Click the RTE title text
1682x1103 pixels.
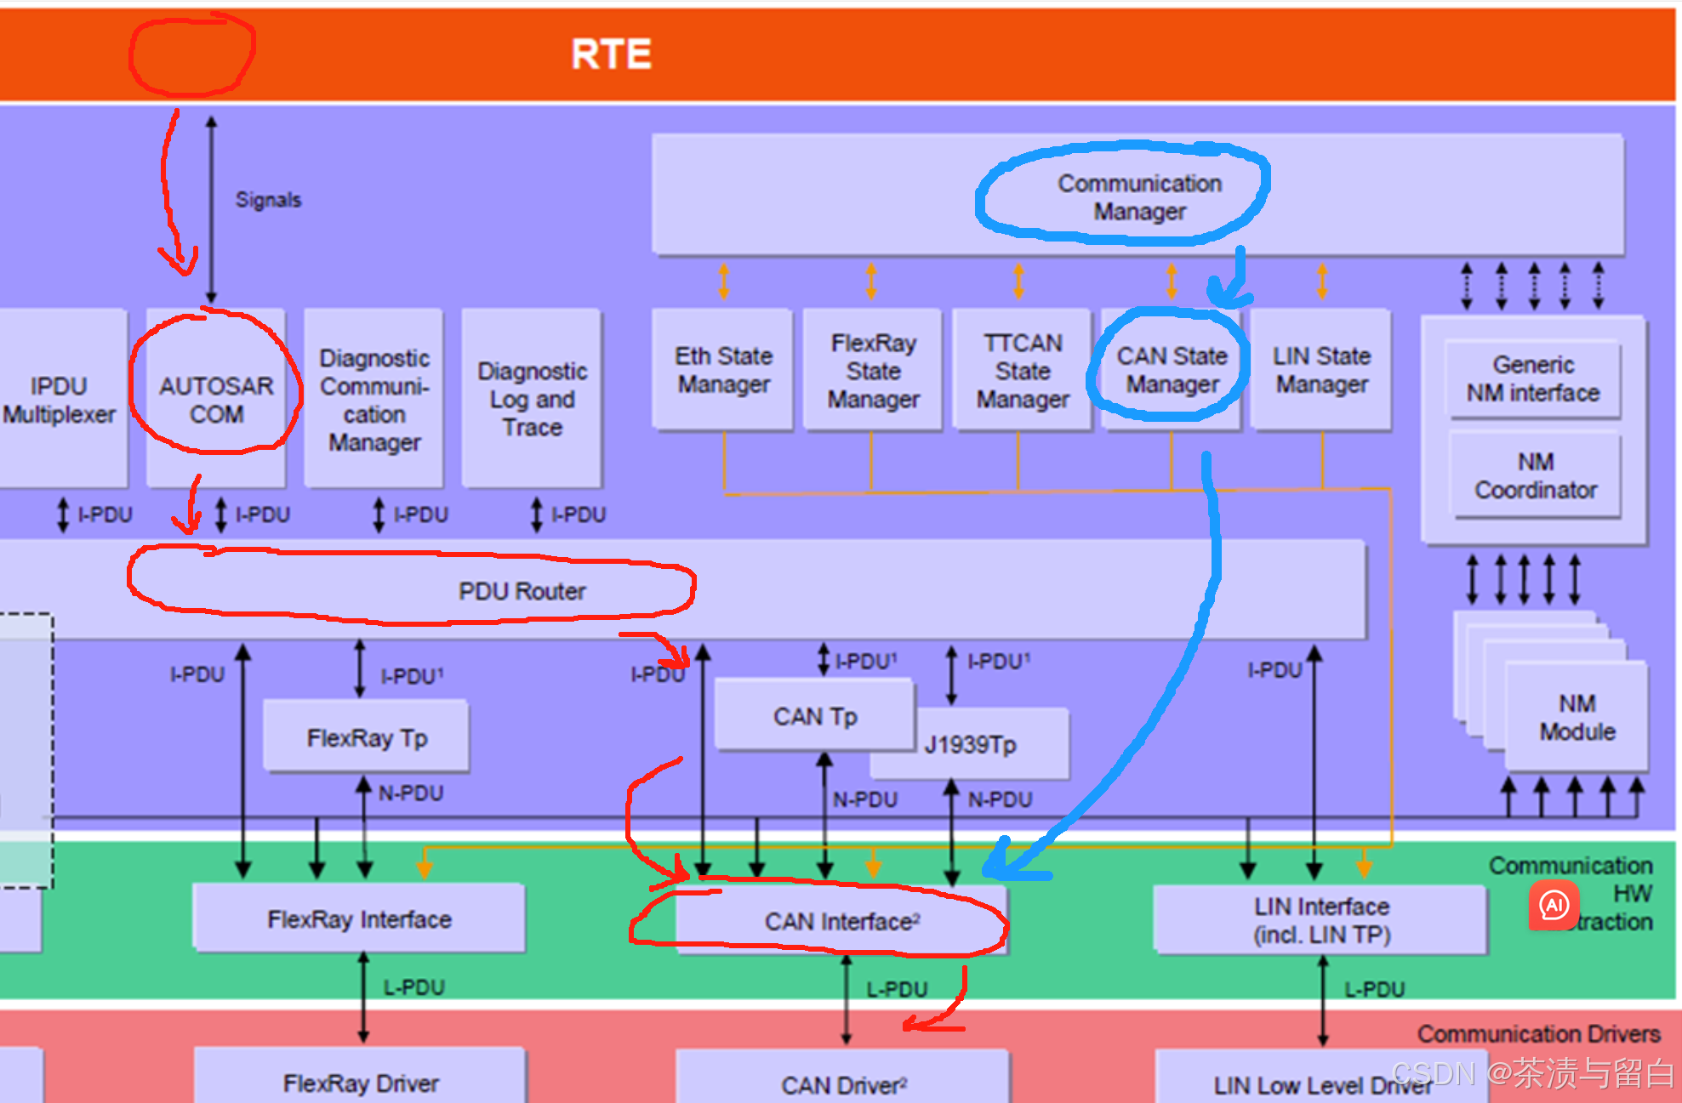click(611, 54)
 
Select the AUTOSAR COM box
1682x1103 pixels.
click(216, 399)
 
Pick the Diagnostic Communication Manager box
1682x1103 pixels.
click(374, 399)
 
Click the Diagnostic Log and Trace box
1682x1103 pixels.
click(533, 399)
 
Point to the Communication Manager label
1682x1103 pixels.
click(1139, 197)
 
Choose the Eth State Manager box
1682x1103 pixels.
click(723, 370)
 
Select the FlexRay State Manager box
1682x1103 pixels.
click(873, 370)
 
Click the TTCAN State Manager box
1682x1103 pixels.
click(1023, 370)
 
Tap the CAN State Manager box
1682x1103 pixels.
click(1172, 370)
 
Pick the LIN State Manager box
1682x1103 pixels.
click(1321, 370)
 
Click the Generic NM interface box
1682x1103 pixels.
click(1533, 379)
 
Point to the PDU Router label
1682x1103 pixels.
click(522, 591)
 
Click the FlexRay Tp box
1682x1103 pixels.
click(367, 736)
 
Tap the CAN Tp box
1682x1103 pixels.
click(815, 715)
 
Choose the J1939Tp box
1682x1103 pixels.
click(970, 745)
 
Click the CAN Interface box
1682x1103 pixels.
click(841, 921)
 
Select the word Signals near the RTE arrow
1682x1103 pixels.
click(268, 200)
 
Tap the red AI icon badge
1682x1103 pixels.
click(1554, 905)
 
